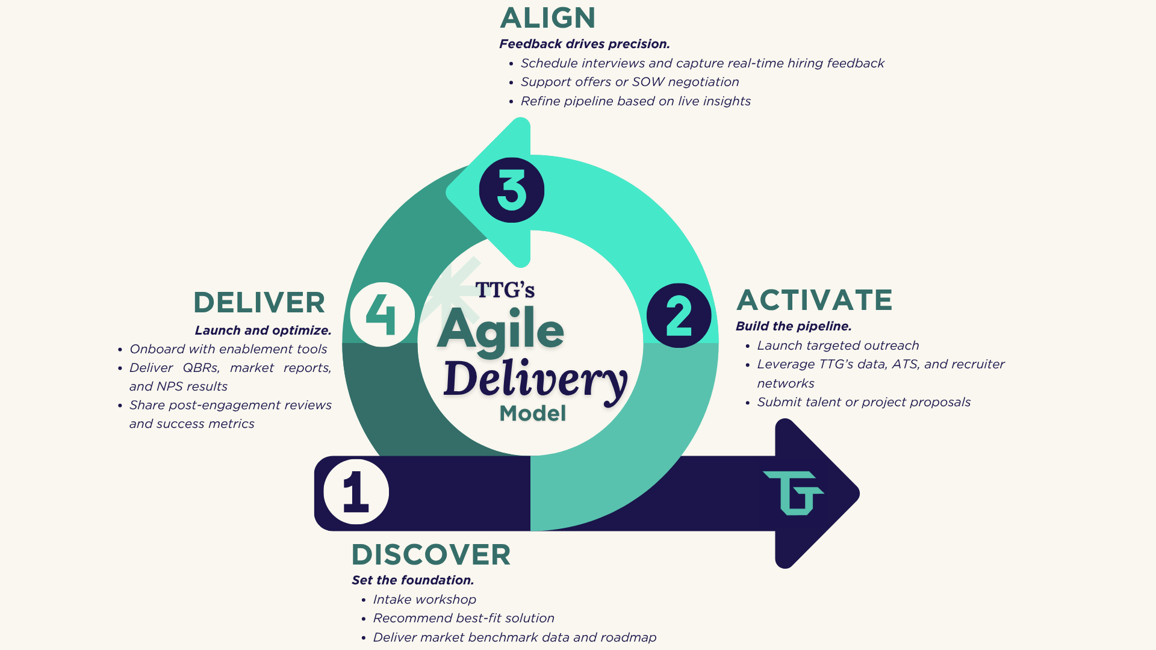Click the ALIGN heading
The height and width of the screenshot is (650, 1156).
[x=547, y=18]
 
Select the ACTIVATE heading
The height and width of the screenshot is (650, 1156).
[x=814, y=300]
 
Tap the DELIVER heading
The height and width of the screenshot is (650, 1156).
[x=259, y=302]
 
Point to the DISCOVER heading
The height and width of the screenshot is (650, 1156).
[x=431, y=554]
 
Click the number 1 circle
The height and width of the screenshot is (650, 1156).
[x=356, y=492]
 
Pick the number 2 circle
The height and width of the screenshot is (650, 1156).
[x=679, y=315]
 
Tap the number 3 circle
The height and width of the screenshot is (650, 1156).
[x=512, y=190]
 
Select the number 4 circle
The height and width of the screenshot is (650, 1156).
[x=382, y=315]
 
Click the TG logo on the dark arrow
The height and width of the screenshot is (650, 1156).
[x=794, y=493]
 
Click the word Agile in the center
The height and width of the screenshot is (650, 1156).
[x=500, y=329]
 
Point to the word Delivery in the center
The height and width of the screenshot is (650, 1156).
[x=535, y=379]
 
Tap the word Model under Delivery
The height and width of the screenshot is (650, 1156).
[x=533, y=413]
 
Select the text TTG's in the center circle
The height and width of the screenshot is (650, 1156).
[x=505, y=290]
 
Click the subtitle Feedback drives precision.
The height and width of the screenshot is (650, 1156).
[x=584, y=44]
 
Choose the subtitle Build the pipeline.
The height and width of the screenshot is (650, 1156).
[x=794, y=326]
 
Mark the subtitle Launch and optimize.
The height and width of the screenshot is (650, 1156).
[x=263, y=330]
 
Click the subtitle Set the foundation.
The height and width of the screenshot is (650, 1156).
[x=412, y=580]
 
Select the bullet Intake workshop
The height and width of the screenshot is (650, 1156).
[x=424, y=599]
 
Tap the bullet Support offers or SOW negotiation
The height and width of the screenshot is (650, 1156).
[x=629, y=82]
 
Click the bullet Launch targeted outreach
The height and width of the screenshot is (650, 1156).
[x=837, y=345]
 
